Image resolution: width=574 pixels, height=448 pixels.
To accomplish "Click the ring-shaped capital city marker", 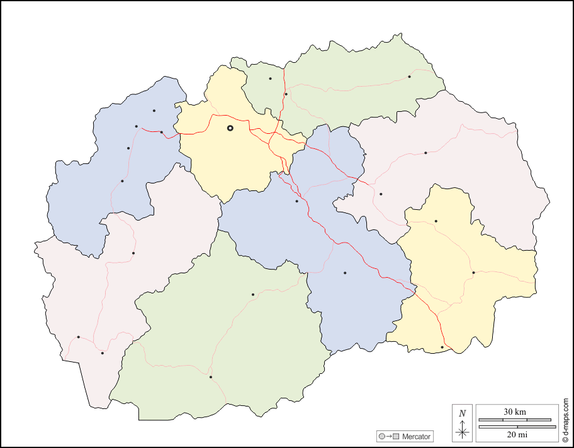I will pos(230,128).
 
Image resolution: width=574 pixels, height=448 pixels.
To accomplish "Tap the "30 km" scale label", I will pos(515,412).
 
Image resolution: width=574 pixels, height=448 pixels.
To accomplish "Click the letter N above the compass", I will pos(463,413).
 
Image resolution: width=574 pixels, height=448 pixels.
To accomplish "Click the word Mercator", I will pos(417,436).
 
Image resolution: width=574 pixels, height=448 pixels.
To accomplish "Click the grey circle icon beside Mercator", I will pos(382,436).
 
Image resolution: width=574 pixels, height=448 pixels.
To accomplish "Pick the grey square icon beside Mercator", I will pos(396,436).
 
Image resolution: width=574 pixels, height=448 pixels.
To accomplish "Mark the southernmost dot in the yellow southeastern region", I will pos(442,347).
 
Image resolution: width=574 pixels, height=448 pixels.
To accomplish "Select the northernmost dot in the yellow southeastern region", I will pos(436,221).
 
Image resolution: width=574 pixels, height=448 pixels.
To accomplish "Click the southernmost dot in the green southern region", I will pos(211,377).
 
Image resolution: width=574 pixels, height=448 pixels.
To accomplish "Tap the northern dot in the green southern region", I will pos(253,294).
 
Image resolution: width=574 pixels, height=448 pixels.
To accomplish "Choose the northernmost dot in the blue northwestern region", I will pos(154,111).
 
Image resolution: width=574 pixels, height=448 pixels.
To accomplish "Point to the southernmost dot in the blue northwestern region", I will pos(122,181).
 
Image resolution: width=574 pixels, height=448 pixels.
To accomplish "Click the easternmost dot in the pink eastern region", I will pos(425,153).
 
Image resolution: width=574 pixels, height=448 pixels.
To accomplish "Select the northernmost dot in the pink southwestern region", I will pos(133,253).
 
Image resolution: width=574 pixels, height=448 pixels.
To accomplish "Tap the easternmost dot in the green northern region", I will pos(409,77).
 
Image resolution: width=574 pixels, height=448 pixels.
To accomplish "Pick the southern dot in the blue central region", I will pos(345,273).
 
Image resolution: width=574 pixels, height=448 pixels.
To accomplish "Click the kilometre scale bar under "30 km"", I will pos(515,420).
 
